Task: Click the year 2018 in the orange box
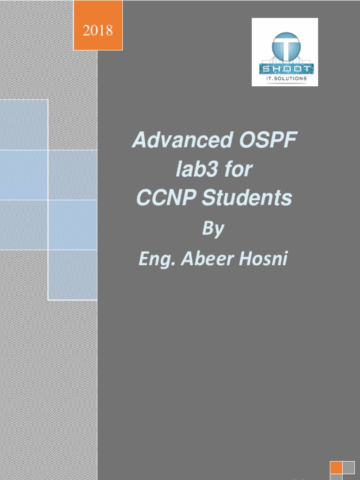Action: pyautogui.click(x=98, y=31)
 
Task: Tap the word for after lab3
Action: pyautogui.click(x=238, y=170)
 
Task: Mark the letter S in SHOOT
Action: pyautogui.click(x=265, y=69)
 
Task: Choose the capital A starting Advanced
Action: pyautogui.click(x=139, y=141)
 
